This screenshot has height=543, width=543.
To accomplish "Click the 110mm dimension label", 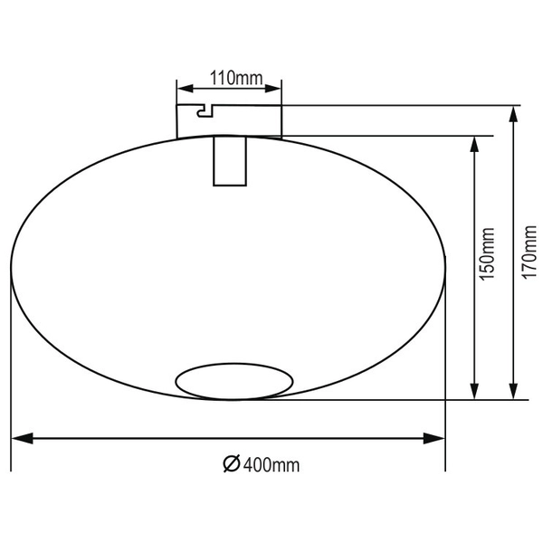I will tap(230, 78).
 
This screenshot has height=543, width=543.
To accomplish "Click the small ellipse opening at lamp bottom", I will tap(234, 382).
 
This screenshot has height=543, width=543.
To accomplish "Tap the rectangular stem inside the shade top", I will tap(230, 161).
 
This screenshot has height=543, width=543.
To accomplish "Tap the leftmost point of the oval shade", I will tap(11, 266).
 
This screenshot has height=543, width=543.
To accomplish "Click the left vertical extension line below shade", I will tap(11, 380).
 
